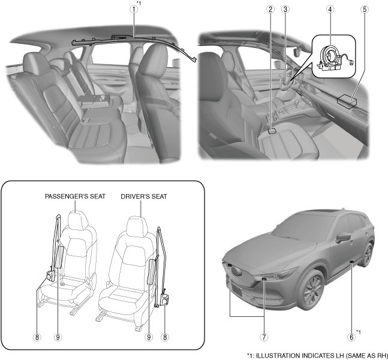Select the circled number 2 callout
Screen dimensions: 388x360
point(271,10)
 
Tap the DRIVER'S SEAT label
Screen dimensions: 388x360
point(143,196)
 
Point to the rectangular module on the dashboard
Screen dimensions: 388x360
point(348,101)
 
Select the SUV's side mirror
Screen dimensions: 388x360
point(343,237)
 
